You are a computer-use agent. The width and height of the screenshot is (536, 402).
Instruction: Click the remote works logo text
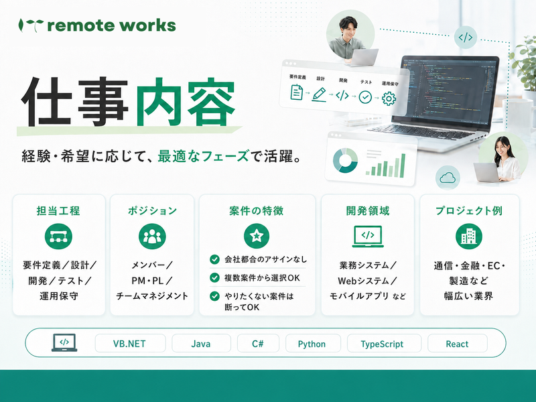pyautogui.click(x=111, y=25)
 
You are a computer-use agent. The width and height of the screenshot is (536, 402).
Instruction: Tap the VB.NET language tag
pyautogui.click(x=130, y=344)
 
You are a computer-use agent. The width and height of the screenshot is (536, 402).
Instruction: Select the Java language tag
pyautogui.click(x=201, y=344)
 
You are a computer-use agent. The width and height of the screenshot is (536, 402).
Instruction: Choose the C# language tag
pyautogui.click(x=258, y=344)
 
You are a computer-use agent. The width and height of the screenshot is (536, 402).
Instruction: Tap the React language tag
pyautogui.click(x=458, y=344)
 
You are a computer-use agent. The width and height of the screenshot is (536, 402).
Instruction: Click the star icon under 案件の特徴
pyautogui.click(x=257, y=236)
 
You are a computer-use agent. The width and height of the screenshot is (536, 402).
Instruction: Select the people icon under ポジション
pyautogui.click(x=152, y=237)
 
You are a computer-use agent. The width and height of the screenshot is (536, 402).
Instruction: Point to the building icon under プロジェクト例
pyautogui.click(x=468, y=237)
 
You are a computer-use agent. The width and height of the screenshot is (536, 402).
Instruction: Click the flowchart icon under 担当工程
pyautogui.click(x=58, y=237)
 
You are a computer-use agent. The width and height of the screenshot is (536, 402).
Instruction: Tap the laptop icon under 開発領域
pyautogui.click(x=368, y=236)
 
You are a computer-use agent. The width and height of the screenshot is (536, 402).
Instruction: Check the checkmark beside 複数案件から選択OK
pyautogui.click(x=214, y=277)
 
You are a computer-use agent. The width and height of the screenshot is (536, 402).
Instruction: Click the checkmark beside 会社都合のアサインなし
pyautogui.click(x=214, y=259)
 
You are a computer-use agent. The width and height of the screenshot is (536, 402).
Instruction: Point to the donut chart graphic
pyautogui.click(x=345, y=160)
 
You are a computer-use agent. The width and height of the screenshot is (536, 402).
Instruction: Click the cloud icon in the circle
pyautogui.click(x=448, y=178)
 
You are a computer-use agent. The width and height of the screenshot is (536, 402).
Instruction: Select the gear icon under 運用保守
pyautogui.click(x=389, y=98)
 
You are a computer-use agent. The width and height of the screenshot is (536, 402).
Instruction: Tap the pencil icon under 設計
pyautogui.click(x=319, y=94)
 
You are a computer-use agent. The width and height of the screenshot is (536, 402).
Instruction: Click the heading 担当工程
pyautogui.click(x=58, y=210)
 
